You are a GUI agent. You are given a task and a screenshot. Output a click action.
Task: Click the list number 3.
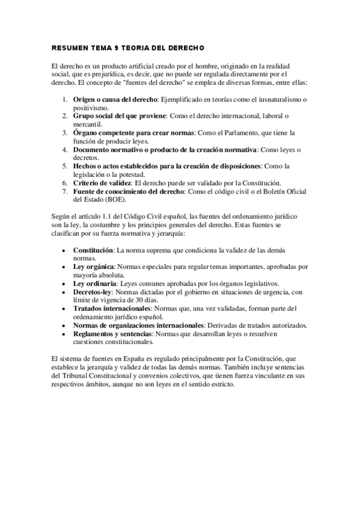[65, 132]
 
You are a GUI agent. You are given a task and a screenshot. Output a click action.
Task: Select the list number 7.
[65, 191]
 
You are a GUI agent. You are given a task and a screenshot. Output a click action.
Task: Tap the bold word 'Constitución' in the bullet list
[94, 249]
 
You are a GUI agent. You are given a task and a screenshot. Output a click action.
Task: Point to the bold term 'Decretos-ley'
[93, 291]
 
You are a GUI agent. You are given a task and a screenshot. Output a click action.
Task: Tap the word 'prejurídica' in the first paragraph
[102, 73]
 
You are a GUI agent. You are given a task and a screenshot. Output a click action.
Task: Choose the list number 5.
[65, 166]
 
